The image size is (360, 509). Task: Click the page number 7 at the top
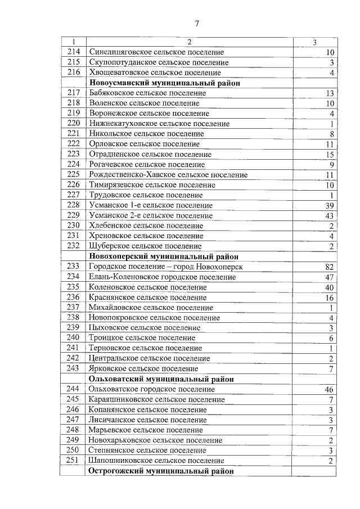click(x=197, y=23)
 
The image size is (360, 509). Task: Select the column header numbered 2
click(x=189, y=42)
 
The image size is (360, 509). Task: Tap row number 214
click(x=73, y=52)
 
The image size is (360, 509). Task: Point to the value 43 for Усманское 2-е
click(x=329, y=216)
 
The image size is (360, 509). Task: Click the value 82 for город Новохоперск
click(x=329, y=267)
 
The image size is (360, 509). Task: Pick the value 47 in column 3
click(x=329, y=277)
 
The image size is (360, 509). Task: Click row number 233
click(x=73, y=267)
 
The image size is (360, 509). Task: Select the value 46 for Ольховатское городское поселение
click(x=329, y=389)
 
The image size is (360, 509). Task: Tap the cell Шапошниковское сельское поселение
click(x=152, y=461)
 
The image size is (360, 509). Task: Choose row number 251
click(x=73, y=461)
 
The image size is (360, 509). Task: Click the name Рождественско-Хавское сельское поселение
click(x=168, y=175)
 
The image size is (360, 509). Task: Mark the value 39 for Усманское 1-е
click(x=329, y=206)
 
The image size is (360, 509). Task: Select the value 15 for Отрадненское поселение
click(x=329, y=155)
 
